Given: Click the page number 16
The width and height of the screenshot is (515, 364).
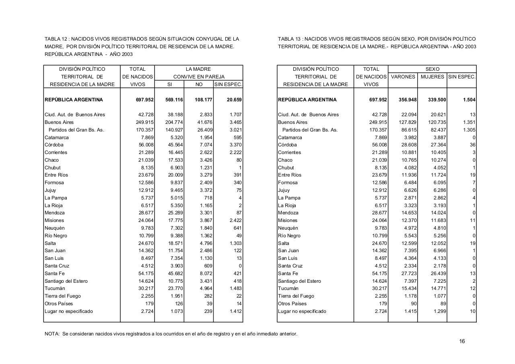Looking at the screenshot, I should coord(462,341).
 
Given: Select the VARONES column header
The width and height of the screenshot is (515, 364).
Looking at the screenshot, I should coord(403,77).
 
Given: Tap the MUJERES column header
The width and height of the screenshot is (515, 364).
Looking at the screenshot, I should coord(432,77).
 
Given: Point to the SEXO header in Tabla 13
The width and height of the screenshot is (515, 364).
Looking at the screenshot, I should coord(432,69).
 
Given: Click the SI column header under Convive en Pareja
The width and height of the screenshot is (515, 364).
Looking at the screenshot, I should coord(169,84).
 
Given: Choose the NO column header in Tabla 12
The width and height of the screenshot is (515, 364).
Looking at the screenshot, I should coord(199,84).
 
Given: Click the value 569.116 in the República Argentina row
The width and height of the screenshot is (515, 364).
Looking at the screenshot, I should coord(174,100).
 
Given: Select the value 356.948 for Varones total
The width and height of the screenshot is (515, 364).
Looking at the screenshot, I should coord(408,100).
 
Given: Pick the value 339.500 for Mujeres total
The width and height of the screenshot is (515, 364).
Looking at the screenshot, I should coord(437,100).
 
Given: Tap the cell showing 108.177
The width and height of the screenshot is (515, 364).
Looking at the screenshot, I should coord(204,100).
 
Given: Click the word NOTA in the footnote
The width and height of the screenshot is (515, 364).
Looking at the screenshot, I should coord(51,334).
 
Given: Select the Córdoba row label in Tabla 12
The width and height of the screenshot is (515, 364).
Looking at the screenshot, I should coord(54,145).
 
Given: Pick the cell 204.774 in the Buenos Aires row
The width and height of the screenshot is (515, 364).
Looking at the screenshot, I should coord(174,122).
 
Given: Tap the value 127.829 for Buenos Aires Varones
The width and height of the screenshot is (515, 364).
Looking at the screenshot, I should coord(408,122).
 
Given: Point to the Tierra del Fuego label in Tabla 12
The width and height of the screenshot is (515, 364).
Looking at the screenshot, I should coord(62,296).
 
